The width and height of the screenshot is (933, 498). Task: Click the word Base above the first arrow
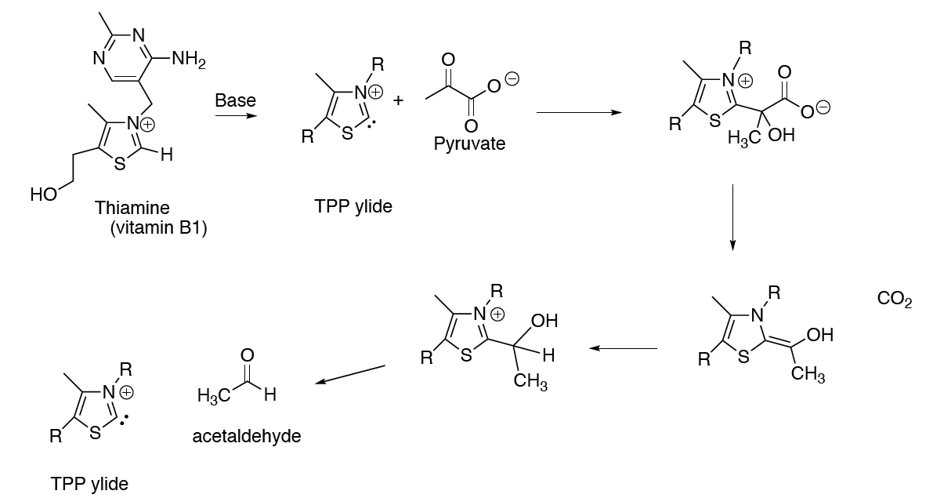(x=235, y=100)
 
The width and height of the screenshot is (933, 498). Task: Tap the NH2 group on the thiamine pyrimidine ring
(x=189, y=60)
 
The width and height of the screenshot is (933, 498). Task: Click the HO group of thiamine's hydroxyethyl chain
(x=44, y=194)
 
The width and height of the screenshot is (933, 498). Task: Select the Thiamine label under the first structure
(x=132, y=207)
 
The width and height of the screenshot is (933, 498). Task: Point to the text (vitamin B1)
(x=159, y=228)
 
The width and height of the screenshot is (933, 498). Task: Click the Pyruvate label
(x=469, y=144)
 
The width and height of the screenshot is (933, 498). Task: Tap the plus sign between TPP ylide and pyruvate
(x=398, y=100)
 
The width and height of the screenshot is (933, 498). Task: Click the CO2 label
(x=895, y=299)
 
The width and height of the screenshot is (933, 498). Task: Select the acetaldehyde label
(x=246, y=436)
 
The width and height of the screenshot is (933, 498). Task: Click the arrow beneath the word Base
(x=237, y=115)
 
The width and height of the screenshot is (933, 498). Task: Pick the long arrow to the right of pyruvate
(x=579, y=113)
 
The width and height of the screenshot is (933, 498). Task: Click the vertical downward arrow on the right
(x=732, y=217)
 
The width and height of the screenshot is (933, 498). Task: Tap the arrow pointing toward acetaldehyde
(x=350, y=374)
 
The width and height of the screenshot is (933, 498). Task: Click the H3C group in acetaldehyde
(x=214, y=395)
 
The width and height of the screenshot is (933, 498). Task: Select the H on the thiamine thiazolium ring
(x=167, y=156)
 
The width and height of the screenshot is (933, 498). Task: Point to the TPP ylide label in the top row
(x=353, y=207)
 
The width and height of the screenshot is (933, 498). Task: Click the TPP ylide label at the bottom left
(x=89, y=484)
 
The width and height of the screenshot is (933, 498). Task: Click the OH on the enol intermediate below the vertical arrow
(x=820, y=335)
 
